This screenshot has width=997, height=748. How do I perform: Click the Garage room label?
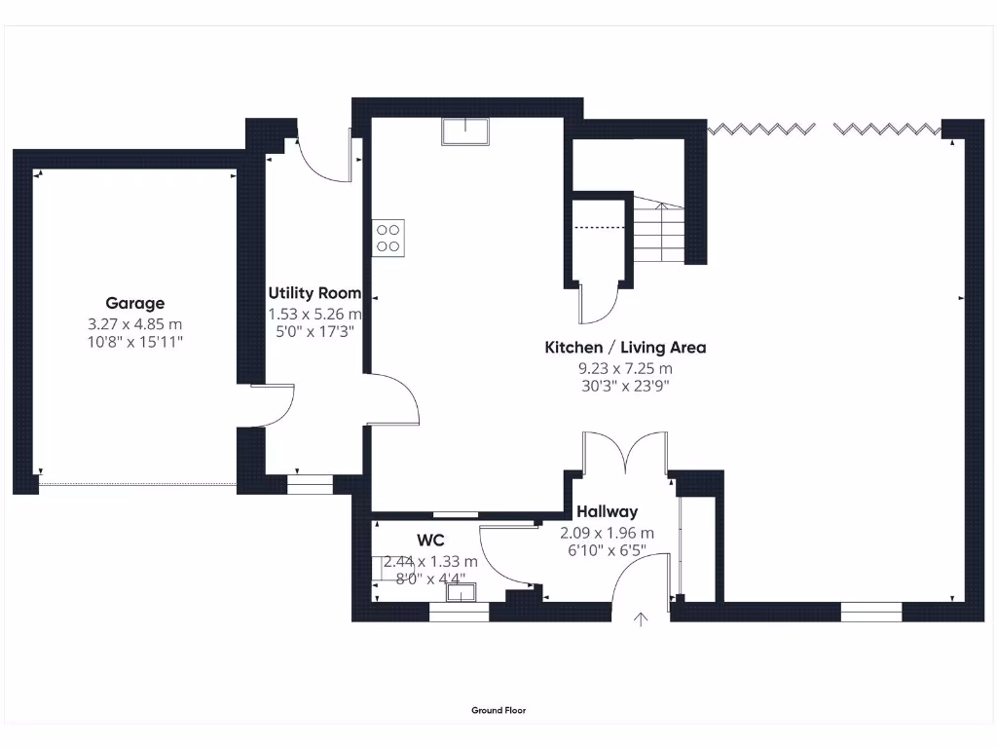pyautogui.click(x=134, y=303)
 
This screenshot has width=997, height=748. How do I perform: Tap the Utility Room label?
pyautogui.click(x=314, y=292)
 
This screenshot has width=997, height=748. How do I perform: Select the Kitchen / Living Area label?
pyautogui.click(x=625, y=347)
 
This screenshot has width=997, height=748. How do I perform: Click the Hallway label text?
pyautogui.click(x=607, y=511)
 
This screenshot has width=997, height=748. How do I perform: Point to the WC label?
pyautogui.click(x=430, y=540)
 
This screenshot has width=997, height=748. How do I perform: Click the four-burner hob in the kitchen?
pyautogui.click(x=388, y=239)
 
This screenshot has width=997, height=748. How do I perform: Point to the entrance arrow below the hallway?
pyautogui.click(x=641, y=620)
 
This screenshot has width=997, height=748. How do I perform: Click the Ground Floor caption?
pyautogui.click(x=498, y=711)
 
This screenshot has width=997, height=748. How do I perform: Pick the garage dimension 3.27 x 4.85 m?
pyautogui.click(x=134, y=323)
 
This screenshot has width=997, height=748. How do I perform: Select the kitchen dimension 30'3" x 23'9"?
pyautogui.click(x=625, y=386)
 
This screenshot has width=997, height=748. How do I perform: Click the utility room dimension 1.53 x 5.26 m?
pyautogui.click(x=314, y=314)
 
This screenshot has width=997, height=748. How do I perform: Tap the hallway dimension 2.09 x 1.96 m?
pyautogui.click(x=607, y=533)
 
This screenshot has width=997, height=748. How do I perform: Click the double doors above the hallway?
pyautogui.click(x=625, y=454)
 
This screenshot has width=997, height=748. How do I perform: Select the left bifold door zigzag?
pyautogui.click(x=760, y=129)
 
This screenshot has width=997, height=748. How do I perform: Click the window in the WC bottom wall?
pyautogui.click(x=459, y=613)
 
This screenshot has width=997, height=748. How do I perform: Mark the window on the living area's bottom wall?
pyautogui.click(x=871, y=612)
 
